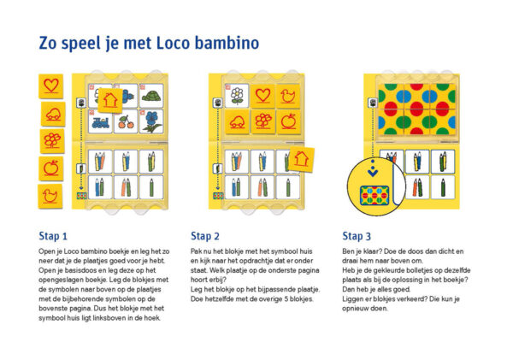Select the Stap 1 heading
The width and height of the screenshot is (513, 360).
(x=53, y=236)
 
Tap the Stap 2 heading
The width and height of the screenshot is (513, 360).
(x=205, y=236)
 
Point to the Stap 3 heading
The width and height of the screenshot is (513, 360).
(x=357, y=236)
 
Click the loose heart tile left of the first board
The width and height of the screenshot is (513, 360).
(x=51, y=86)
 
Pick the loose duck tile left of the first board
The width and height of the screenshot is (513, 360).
(x=50, y=196)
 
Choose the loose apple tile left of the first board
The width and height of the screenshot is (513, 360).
(x=51, y=168)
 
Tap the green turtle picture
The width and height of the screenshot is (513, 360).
(x=151, y=96)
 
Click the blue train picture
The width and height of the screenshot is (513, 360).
(x=100, y=121)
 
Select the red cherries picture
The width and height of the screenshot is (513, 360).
(x=126, y=121)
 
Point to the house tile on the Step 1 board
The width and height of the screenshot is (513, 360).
(x=110, y=100)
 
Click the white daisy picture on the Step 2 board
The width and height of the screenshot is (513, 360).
(x=237, y=96)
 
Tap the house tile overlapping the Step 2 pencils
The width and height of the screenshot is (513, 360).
(x=301, y=159)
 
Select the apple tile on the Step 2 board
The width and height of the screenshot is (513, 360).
(x=288, y=121)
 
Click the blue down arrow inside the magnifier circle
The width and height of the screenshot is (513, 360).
(x=373, y=171)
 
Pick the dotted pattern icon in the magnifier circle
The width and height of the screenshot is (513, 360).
(x=374, y=195)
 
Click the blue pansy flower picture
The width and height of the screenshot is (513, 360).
(x=151, y=121)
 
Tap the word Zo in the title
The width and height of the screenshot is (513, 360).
(x=48, y=44)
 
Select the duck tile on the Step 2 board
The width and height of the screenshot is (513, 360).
(x=288, y=96)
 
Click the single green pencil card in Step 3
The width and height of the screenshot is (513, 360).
(x=443, y=187)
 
